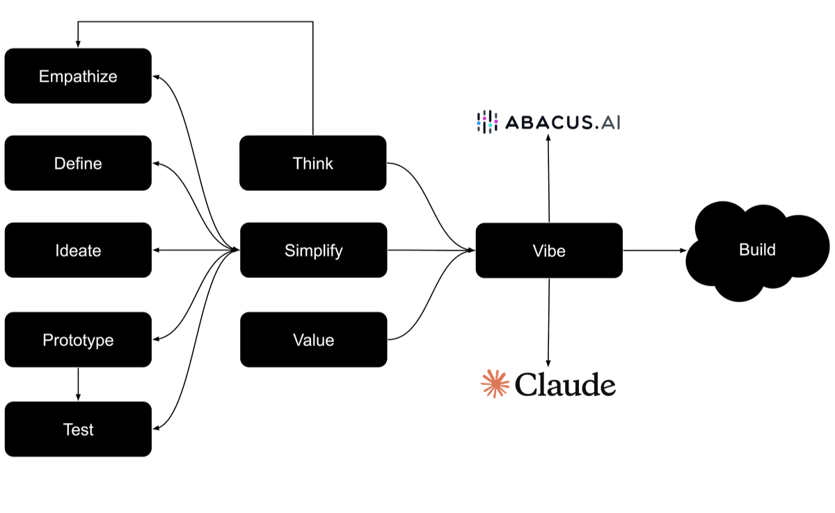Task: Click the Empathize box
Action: pyautogui.click(x=78, y=76)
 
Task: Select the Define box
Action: pyautogui.click(x=78, y=164)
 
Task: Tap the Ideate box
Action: pyautogui.click(x=78, y=251)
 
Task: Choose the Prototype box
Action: pyautogui.click(x=78, y=340)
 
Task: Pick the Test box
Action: pyautogui.click(x=78, y=429)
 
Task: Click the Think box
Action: pyautogui.click(x=313, y=164)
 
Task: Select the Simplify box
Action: pyautogui.click(x=313, y=251)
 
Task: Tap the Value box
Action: pyautogui.click(x=313, y=340)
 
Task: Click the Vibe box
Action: pyautogui.click(x=548, y=251)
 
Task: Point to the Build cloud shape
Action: pyautogui.click(x=757, y=251)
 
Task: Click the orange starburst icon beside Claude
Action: pyautogui.click(x=495, y=384)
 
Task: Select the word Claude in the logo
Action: pyautogui.click(x=566, y=385)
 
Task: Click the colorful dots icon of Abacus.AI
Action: pyautogui.click(x=487, y=123)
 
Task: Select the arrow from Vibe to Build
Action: pyautogui.click(x=654, y=251)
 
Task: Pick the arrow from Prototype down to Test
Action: pyautogui.click(x=78, y=384)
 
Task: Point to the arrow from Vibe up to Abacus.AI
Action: pyautogui.click(x=548, y=177)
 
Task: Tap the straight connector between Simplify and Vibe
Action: pyautogui.click(x=428, y=251)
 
